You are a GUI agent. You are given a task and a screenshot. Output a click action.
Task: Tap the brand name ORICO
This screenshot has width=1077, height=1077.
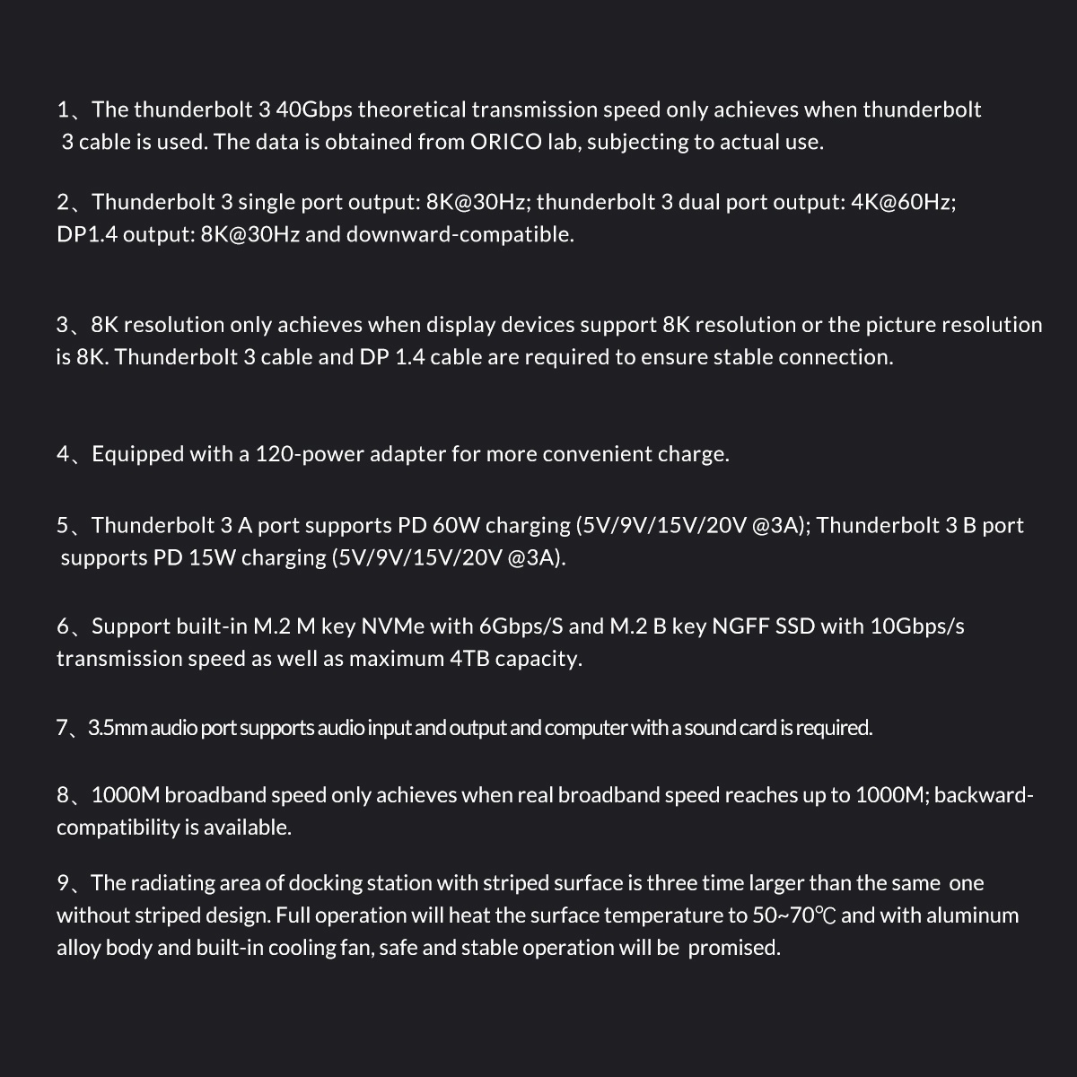click(x=506, y=142)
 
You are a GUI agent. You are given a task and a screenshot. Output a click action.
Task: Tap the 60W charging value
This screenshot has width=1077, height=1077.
click(x=455, y=525)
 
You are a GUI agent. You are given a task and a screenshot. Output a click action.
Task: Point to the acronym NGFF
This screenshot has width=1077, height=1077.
click(x=740, y=626)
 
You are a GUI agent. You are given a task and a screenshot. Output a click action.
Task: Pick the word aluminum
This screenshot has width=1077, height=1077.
click(x=972, y=915)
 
